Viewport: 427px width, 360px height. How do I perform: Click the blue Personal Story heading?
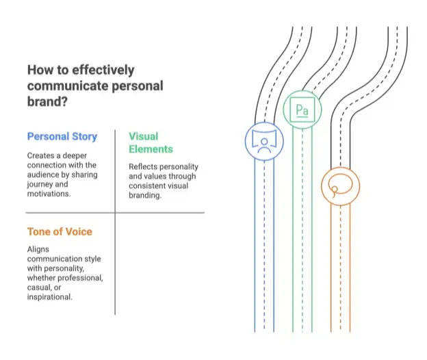tap(62, 136)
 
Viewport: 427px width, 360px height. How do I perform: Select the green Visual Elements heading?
tap(151, 142)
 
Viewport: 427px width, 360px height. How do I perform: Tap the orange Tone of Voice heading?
tap(60, 232)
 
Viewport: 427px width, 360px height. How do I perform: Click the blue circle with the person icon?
tap(264, 122)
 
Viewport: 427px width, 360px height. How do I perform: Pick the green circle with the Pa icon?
tap(302, 90)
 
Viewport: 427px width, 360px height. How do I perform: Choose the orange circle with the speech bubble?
tap(340, 168)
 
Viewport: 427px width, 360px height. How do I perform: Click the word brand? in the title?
tap(47, 101)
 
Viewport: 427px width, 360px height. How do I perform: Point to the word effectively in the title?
tap(103, 70)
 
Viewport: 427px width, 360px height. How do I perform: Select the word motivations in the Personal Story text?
tap(48, 194)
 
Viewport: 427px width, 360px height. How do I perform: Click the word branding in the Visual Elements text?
tap(144, 196)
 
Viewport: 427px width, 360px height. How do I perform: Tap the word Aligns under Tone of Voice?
tap(38, 250)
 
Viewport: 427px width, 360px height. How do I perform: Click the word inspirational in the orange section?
tap(49, 297)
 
